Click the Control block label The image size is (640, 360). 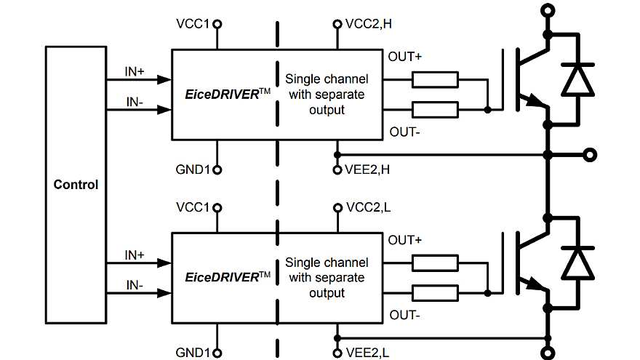[76, 184]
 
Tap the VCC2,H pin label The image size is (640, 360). [369, 24]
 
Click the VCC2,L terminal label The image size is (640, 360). [369, 207]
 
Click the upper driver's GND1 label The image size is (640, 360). [193, 170]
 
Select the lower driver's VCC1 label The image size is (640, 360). [193, 207]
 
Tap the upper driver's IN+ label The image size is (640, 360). [135, 73]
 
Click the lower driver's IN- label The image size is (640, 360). [135, 284]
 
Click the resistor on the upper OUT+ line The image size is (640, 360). [435, 79]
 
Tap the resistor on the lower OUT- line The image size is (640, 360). [435, 292]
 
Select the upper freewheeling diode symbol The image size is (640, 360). [579, 79]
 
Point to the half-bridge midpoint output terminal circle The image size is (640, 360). [591, 155]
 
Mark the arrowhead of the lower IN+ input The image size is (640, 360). [164, 263]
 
